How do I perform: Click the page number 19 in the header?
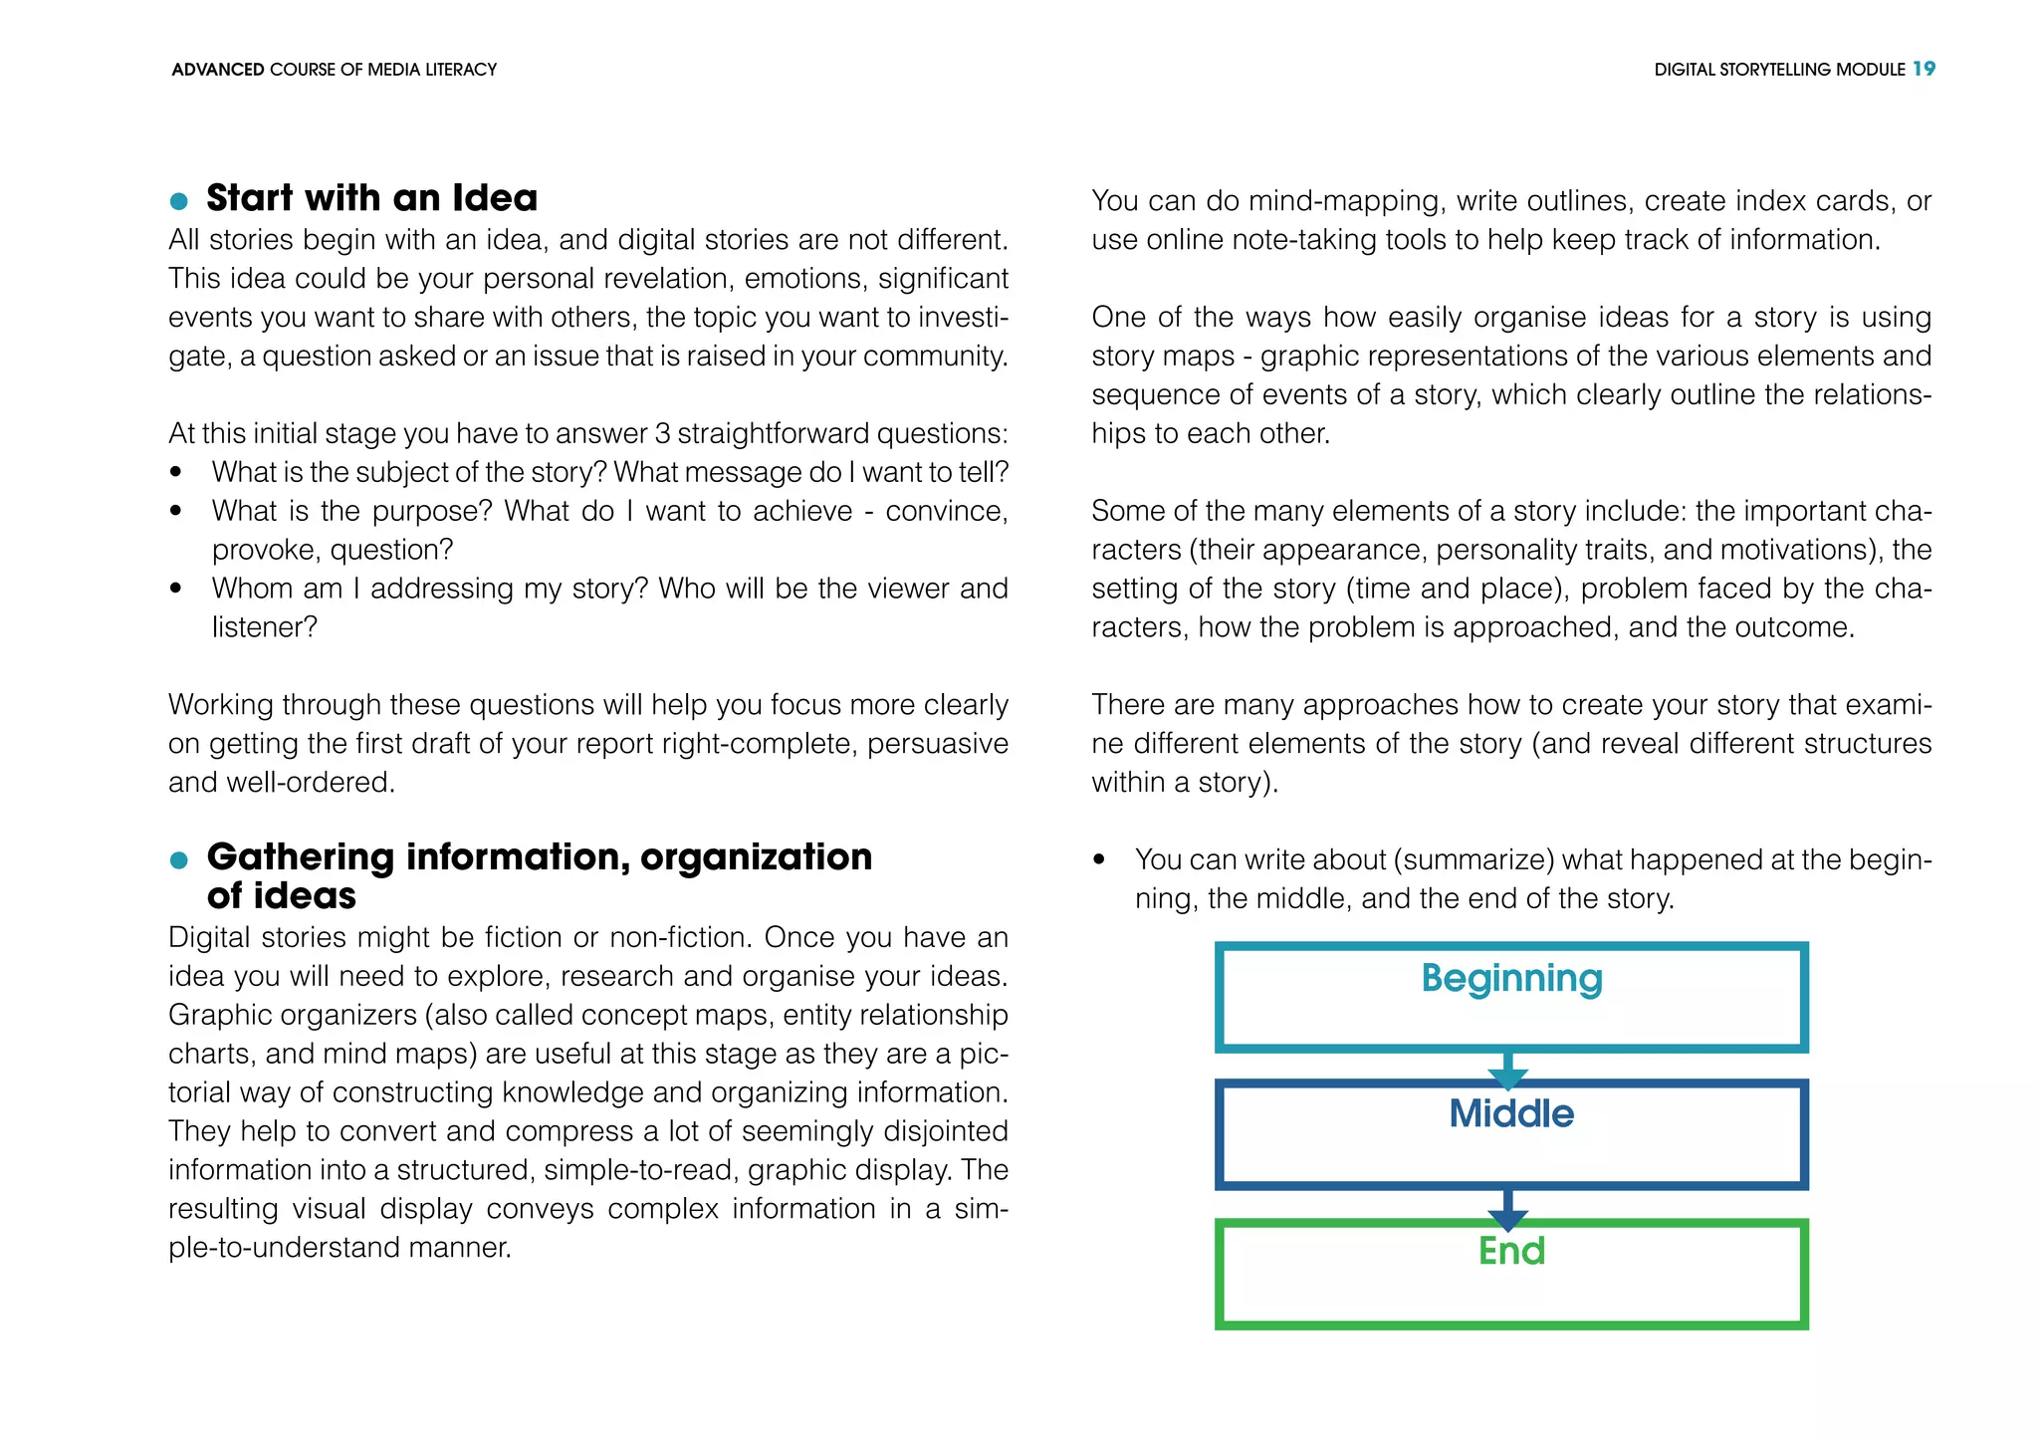click(1924, 69)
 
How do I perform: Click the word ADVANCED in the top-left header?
click(217, 70)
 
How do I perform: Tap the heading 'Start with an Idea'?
click(371, 198)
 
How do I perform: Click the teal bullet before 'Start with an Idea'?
click(179, 201)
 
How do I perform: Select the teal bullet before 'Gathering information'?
click(179, 860)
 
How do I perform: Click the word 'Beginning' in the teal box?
click(1511, 979)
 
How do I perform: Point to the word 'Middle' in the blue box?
click(1511, 1114)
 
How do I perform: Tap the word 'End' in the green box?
click(1511, 1251)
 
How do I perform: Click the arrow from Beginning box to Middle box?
click(1508, 1072)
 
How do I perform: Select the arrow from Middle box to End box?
click(1508, 1209)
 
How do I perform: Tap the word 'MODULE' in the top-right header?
click(1871, 70)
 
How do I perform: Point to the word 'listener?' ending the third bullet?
click(265, 627)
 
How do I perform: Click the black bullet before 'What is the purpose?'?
click(176, 511)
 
